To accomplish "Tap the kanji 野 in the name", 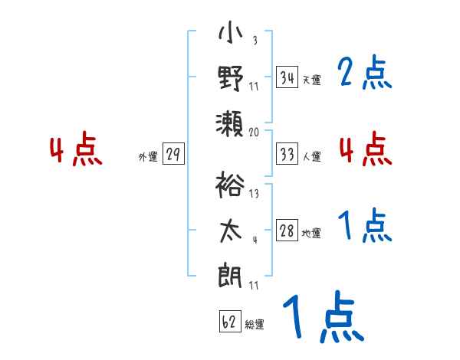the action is pos(230,78).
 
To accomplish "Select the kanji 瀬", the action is pos(230,120).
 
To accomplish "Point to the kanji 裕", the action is pos(230,187).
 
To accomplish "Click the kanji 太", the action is pos(230,230).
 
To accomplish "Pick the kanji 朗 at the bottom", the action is pos(230,273).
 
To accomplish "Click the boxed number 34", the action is pos(287,77).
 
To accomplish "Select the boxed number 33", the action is pos(287,154).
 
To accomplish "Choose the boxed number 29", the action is pos(173,155).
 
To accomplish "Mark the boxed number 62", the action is pos(228,322).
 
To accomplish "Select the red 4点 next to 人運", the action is pos(365,149).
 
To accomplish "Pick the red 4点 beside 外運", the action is pos(74,150).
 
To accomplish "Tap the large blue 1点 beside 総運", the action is pos(322,316).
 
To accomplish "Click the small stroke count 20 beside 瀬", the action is pos(255,132).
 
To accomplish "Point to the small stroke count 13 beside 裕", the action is pos(254,194).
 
